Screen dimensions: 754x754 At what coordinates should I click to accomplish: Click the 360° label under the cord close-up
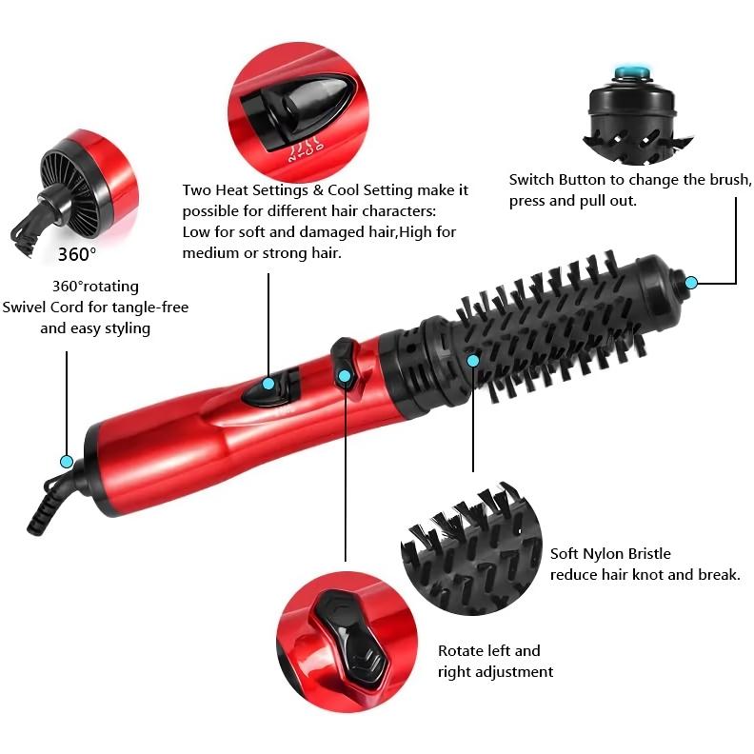point(77,254)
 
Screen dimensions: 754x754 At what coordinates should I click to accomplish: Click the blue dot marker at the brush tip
point(692,282)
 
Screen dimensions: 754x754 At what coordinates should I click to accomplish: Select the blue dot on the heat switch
point(268,384)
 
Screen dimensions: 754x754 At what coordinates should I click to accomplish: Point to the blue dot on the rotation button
point(345,377)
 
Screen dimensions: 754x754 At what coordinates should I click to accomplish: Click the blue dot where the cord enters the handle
point(66,461)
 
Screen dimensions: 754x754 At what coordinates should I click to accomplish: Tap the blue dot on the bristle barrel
point(472,360)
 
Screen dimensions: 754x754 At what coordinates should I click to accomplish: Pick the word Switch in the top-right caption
point(533,179)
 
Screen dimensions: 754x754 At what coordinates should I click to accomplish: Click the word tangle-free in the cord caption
point(149,307)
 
